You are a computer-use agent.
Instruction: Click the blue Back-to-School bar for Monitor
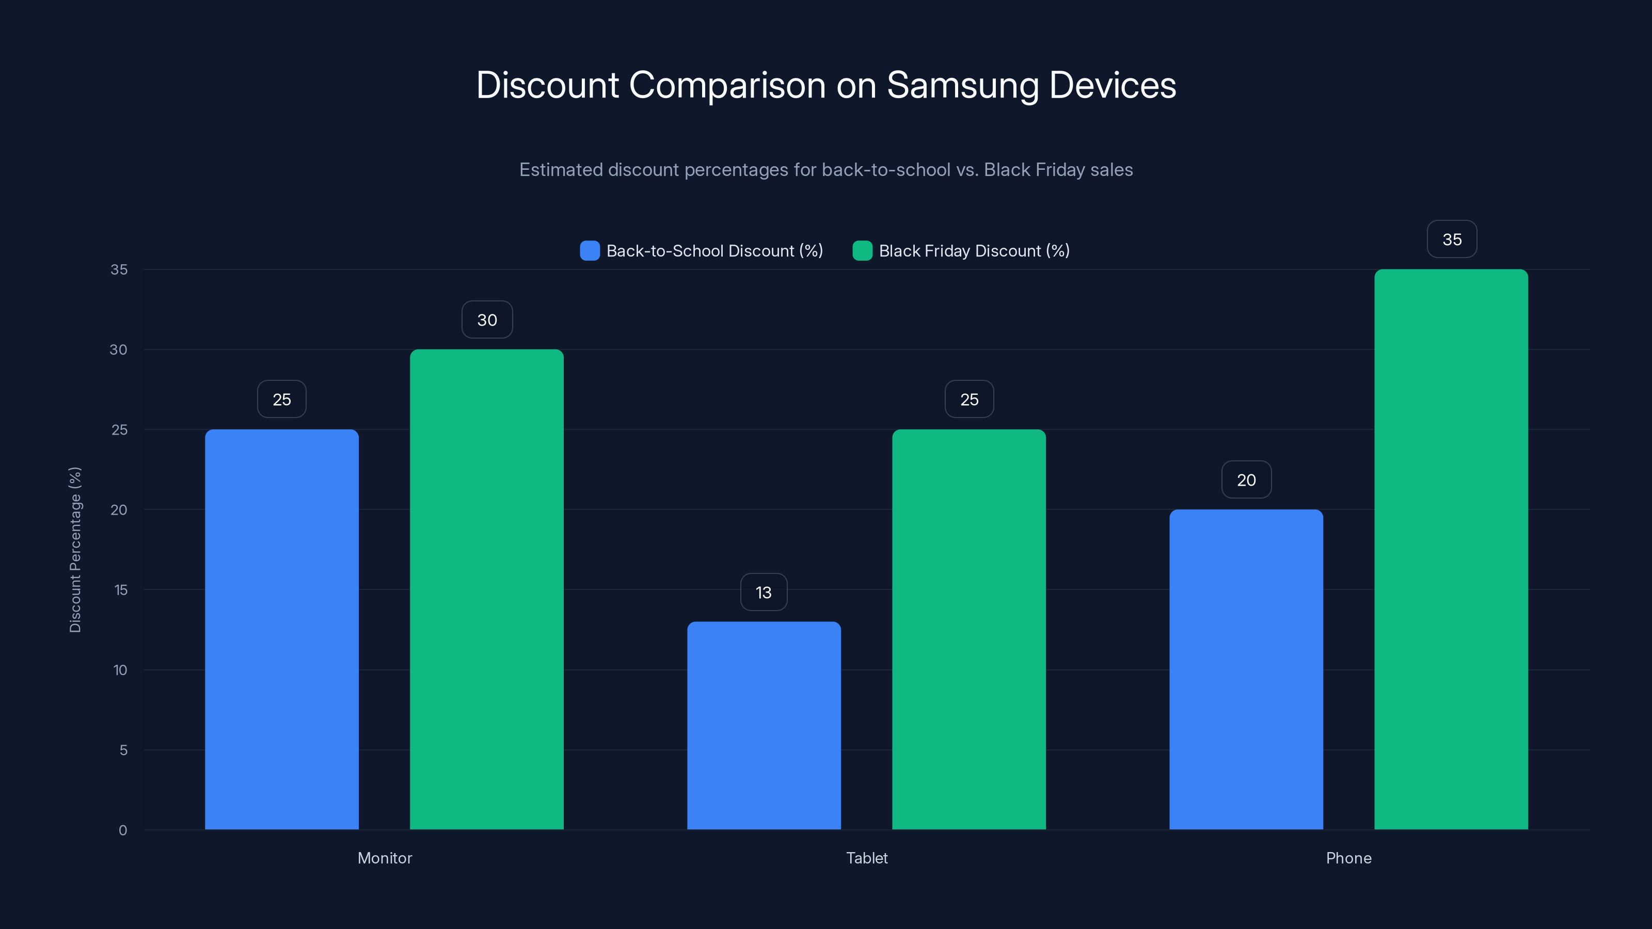tap(281, 629)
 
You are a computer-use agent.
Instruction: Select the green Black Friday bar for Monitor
tap(487, 589)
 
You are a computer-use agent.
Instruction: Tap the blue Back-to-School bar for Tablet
tap(764, 725)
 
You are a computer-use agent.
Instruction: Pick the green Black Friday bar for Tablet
tap(969, 629)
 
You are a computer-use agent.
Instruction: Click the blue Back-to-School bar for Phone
tap(1246, 669)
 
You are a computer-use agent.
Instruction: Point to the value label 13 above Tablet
tap(763, 592)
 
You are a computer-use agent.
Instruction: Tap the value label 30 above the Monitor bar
tap(487, 319)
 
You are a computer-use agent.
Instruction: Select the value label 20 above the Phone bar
tap(1246, 479)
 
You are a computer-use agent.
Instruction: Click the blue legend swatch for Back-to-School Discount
tap(590, 251)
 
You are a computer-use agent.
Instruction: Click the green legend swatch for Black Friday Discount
tap(862, 251)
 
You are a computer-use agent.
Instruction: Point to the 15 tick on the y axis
tap(121, 590)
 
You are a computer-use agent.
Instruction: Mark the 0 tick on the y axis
tap(122, 830)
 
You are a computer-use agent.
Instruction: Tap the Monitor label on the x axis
tap(385, 858)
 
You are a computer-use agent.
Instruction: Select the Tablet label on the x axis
tap(866, 858)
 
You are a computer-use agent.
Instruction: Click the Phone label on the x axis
tap(1348, 858)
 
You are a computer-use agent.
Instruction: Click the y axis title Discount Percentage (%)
tap(75, 550)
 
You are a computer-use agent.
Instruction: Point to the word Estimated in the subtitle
tap(560, 170)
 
